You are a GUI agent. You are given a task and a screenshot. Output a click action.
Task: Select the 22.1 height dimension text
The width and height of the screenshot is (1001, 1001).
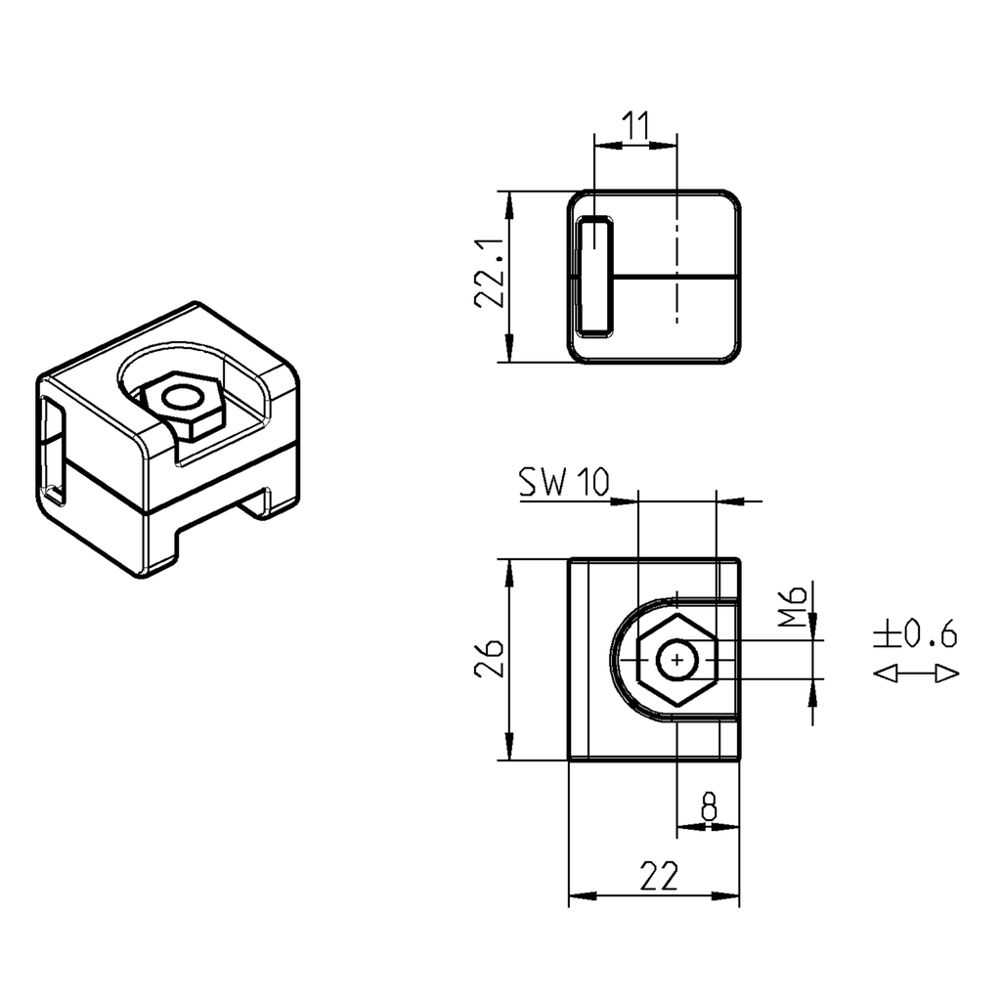489,276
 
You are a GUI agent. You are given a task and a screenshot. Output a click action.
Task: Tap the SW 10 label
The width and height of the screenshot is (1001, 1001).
563,483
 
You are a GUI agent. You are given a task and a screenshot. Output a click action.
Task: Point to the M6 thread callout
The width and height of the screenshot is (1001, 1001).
795,606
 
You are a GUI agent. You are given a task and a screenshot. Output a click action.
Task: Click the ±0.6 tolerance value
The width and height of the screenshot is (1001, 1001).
915,635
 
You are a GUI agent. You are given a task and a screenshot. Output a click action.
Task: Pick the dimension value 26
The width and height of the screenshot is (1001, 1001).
489,660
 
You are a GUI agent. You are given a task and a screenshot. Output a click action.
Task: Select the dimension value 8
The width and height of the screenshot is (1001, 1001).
709,807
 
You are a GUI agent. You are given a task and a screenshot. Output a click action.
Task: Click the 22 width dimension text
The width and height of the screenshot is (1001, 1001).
659,876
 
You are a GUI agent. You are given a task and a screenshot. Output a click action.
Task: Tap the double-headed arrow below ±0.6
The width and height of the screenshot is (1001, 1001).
915,674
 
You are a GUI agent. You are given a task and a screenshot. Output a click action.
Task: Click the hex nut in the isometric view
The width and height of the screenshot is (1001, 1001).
182,404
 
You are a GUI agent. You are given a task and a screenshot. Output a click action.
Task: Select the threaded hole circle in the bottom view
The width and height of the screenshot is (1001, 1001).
676,661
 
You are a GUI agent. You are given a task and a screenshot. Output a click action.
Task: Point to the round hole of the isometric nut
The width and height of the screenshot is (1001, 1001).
180,398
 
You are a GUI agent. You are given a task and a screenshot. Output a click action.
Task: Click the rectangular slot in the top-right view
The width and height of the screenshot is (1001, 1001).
593,277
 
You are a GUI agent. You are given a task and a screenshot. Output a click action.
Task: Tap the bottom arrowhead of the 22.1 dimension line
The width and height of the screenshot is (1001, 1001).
508,352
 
